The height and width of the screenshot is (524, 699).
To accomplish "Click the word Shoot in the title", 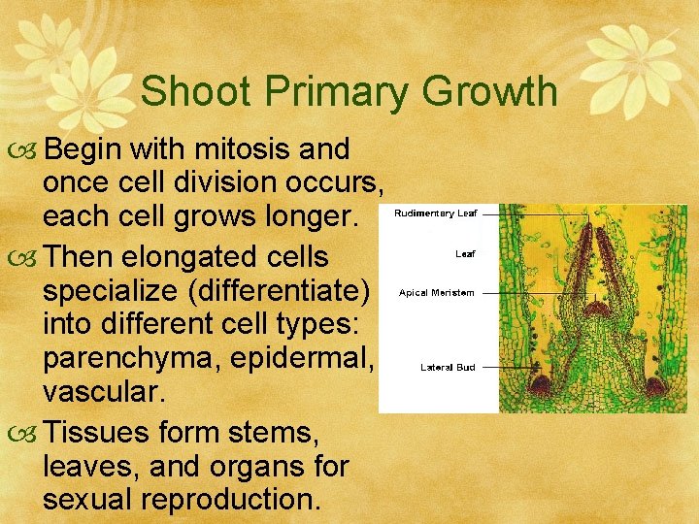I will coord(191,92).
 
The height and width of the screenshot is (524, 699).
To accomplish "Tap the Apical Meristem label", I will coord(437,293).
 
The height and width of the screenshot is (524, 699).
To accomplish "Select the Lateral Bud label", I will coord(448,368).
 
